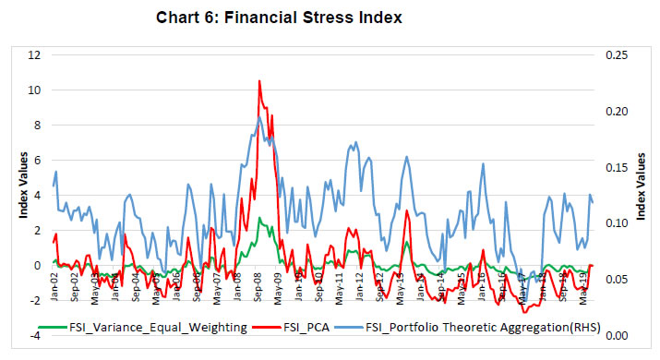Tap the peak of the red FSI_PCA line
258,81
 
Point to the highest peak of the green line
260,219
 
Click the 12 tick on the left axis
36,55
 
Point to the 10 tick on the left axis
36,90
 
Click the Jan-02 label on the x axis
56,287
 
